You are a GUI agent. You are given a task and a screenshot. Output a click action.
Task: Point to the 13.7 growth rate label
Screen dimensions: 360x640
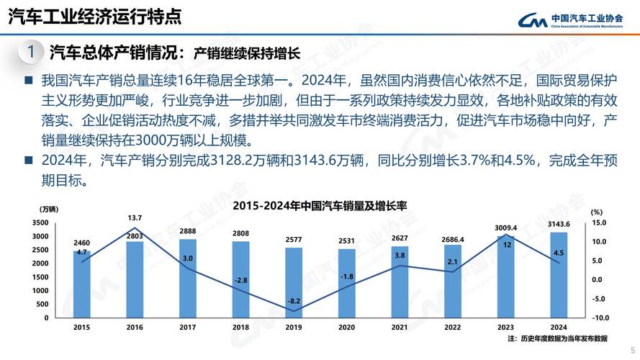pyautogui.click(x=135, y=217)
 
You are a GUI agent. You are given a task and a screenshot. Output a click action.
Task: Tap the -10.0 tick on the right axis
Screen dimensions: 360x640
pyautogui.click(x=600, y=318)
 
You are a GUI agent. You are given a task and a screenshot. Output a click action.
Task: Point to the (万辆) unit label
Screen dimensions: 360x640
pyautogui.click(x=49, y=210)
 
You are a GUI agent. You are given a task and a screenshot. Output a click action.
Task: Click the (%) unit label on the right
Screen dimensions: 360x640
pyautogui.click(x=596, y=212)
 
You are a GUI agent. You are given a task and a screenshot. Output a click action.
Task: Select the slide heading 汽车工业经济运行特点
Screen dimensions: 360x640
pyautogui.click(x=94, y=17)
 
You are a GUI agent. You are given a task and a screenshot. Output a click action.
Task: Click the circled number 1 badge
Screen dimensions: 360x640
pyautogui.click(x=30, y=52)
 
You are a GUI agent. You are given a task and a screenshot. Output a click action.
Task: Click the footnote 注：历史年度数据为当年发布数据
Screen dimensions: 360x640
pyautogui.click(x=557, y=338)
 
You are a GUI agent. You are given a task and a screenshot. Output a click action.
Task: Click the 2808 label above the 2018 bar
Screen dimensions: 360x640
pyautogui.click(x=240, y=233)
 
